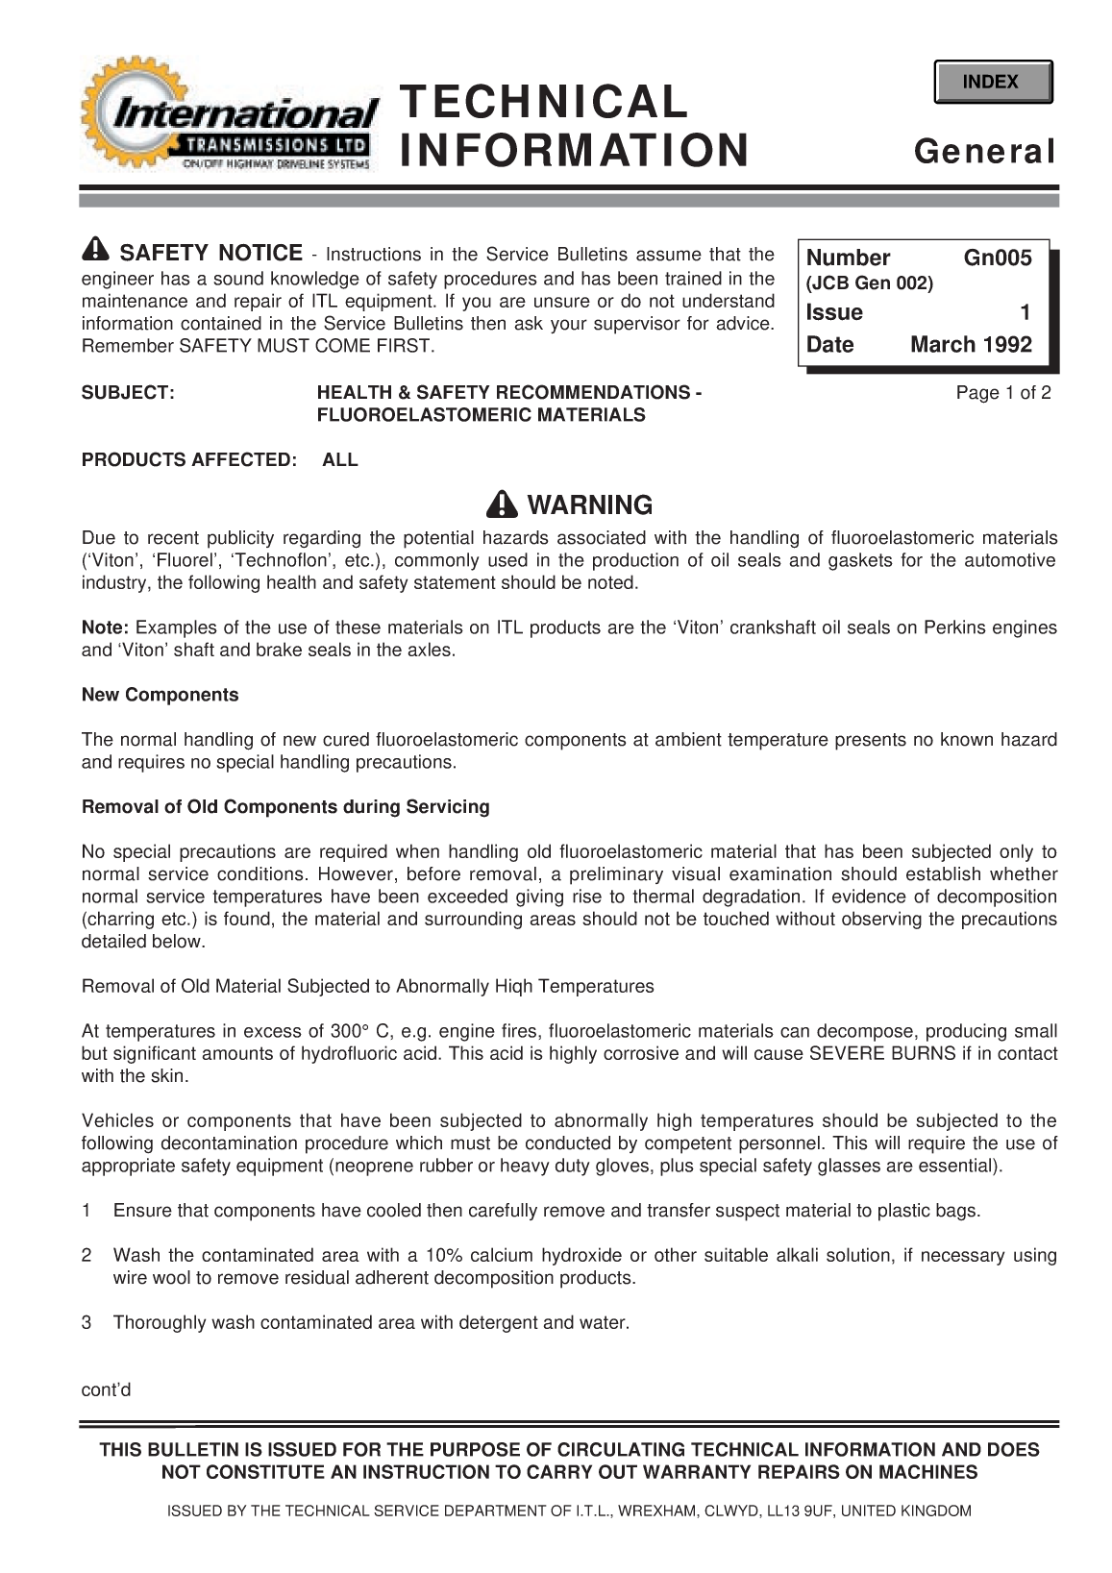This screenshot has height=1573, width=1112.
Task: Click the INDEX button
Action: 992,82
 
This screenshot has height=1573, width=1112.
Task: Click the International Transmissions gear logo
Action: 229,119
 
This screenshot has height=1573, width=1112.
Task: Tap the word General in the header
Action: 985,152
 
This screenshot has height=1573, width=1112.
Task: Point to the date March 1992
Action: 971,345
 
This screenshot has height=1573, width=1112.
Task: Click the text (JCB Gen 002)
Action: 869,284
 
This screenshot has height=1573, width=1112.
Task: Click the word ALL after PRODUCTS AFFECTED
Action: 340,460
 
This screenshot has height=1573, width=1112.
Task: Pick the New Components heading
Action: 160,695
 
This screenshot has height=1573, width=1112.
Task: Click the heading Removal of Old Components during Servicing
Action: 285,807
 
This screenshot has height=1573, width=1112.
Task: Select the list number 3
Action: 87,1323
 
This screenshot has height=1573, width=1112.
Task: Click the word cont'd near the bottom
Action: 106,1390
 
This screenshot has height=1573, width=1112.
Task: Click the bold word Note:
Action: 105,628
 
